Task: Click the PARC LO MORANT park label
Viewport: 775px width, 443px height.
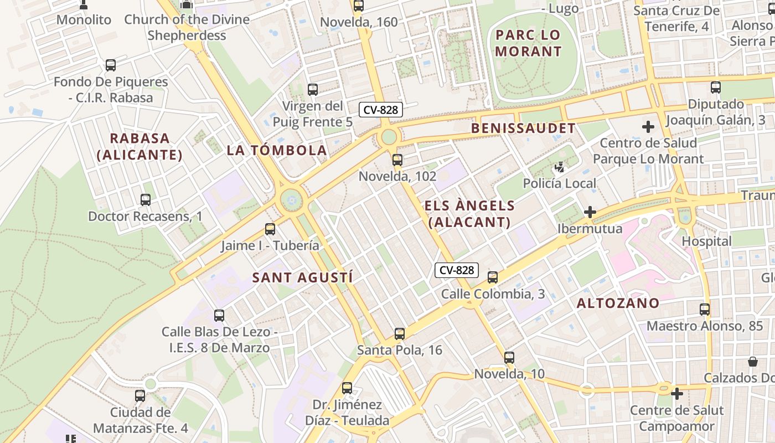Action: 528,43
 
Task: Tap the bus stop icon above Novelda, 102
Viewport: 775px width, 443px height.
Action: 397,160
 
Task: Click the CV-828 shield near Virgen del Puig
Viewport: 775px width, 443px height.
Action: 381,110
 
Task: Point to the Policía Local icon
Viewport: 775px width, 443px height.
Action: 560,167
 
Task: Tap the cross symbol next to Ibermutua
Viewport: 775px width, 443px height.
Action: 590,212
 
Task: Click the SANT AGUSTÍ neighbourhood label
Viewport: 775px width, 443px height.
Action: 302,278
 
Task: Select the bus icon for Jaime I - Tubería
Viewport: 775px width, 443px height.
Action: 270,229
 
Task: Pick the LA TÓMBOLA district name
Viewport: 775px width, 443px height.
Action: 277,150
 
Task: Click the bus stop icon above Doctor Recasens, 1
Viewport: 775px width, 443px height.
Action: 145,200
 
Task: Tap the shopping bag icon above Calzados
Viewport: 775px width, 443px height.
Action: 753,362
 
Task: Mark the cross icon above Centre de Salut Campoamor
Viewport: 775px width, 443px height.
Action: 676,394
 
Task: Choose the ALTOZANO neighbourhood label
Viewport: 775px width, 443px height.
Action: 618,303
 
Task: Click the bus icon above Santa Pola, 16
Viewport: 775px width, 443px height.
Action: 399,334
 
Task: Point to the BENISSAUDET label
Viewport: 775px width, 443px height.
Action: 523,128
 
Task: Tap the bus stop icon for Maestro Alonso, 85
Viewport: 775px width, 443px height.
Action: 704,310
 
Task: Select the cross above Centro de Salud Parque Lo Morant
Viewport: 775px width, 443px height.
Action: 648,127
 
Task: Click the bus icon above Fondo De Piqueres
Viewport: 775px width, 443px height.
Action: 110,65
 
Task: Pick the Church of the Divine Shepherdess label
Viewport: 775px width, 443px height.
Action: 187,27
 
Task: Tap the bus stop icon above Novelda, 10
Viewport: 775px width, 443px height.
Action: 509,358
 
